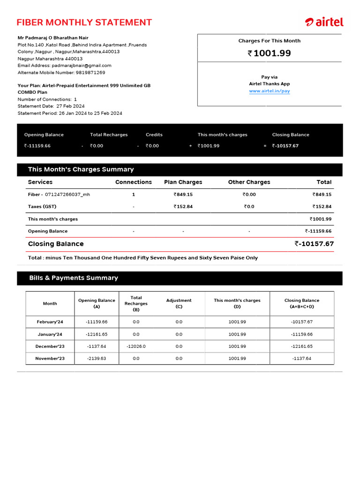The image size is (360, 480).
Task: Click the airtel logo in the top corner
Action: click(x=324, y=22)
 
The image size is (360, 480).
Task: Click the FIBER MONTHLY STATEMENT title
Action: click(x=84, y=22)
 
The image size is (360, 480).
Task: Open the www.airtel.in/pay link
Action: click(x=269, y=91)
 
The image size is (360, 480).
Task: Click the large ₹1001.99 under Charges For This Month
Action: click(x=269, y=53)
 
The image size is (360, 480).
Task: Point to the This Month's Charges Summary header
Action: click(x=81, y=170)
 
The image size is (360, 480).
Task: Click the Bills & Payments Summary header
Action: click(x=74, y=278)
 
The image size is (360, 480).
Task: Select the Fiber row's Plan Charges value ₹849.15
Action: click(x=183, y=195)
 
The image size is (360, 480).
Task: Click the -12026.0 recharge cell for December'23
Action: click(x=136, y=346)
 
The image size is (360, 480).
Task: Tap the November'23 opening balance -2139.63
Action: click(x=97, y=359)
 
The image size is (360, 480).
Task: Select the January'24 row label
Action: click(x=50, y=334)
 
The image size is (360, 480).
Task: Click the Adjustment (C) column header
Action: click(x=179, y=303)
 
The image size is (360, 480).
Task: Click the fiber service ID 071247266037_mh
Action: click(x=67, y=195)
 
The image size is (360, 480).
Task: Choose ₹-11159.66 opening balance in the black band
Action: click(x=37, y=146)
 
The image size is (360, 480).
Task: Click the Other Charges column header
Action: click(x=249, y=182)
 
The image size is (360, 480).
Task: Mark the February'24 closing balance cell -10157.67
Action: click(x=301, y=322)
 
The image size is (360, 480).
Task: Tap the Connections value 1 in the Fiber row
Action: click(x=133, y=195)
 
